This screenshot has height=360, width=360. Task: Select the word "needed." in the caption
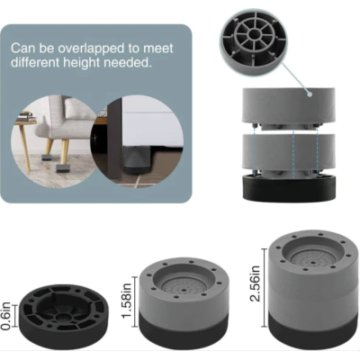[132, 62]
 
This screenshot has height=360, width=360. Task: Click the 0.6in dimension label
[5, 317]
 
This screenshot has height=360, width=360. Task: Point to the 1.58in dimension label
[126, 301]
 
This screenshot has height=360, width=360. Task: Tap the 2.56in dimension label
[255, 284]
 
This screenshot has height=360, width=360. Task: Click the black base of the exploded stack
[289, 189]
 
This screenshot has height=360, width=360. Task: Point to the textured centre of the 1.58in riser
[184, 286]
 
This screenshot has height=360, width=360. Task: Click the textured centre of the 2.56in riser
[313, 258]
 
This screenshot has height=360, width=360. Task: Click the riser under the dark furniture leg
[137, 159]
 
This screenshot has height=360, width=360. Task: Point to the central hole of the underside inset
[254, 33]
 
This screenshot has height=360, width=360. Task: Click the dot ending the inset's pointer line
[310, 94]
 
